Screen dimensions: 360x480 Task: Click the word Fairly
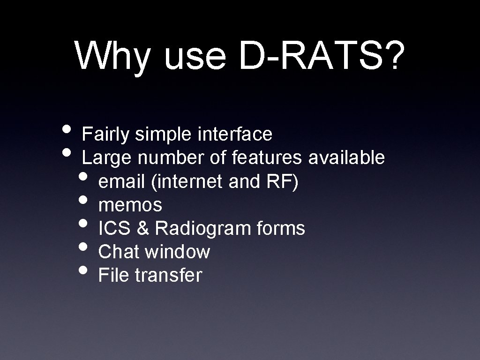(x=106, y=135)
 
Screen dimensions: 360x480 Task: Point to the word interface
(x=235, y=135)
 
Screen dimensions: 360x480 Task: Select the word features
(x=267, y=158)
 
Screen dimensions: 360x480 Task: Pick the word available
(x=346, y=158)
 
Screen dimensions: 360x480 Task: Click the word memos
(x=130, y=205)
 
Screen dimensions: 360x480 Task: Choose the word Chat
(x=119, y=252)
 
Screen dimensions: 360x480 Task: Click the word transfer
(x=168, y=276)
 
